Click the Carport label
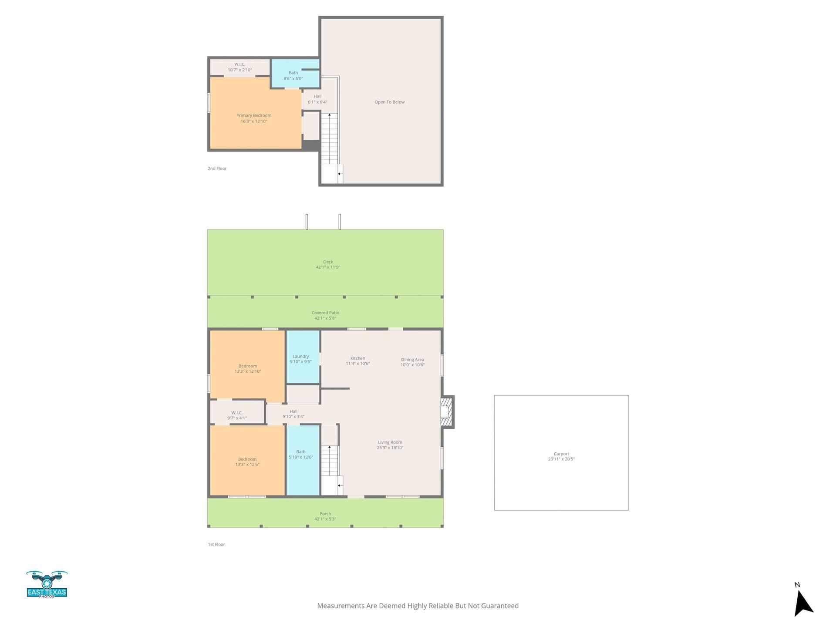(x=561, y=454)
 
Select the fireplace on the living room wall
(x=448, y=411)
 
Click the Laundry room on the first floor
(x=303, y=357)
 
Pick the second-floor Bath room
(x=296, y=73)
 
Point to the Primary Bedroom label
(x=254, y=115)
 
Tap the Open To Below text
(x=389, y=102)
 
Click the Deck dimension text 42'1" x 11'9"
(x=328, y=267)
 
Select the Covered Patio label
(x=325, y=313)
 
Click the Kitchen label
(x=357, y=358)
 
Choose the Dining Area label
(x=412, y=360)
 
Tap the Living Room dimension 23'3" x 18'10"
(x=390, y=448)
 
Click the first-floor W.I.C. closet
(x=237, y=412)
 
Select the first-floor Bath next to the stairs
(x=303, y=460)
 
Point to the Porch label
(x=325, y=514)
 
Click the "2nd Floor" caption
(x=217, y=169)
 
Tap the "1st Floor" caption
(x=216, y=544)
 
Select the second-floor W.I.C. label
(x=240, y=64)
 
